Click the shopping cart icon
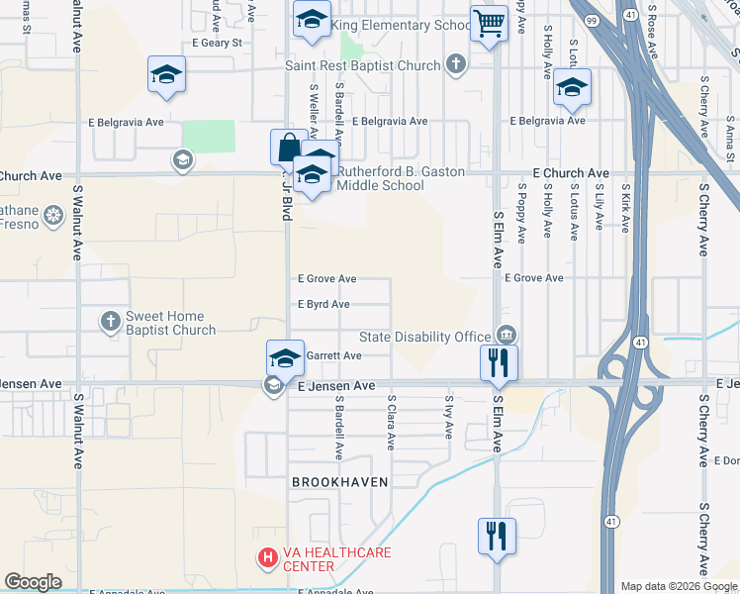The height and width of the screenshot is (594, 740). [490, 24]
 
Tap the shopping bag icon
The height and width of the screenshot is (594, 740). [287, 148]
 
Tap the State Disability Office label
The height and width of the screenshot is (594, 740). [424, 337]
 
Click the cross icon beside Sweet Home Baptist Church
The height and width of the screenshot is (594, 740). [111, 320]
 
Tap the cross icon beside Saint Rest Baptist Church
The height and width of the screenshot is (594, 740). [455, 65]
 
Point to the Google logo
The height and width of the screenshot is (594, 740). [33, 582]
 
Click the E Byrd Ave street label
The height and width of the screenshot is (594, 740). [324, 305]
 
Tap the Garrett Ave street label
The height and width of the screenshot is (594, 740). [333, 355]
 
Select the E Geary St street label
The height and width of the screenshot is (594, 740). [217, 44]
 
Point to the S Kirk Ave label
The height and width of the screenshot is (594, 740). [626, 207]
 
